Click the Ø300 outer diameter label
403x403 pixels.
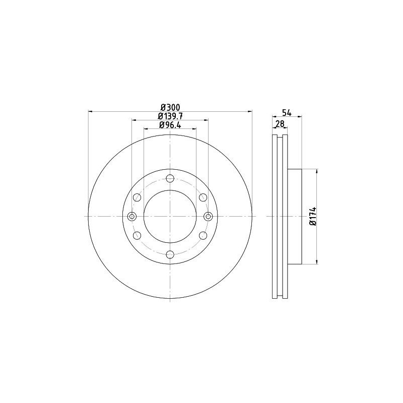[170, 107]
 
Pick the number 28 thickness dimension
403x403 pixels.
[281, 124]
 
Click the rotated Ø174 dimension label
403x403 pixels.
[312, 216]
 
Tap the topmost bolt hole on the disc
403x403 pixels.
[170, 178]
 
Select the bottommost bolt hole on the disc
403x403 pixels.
[170, 254]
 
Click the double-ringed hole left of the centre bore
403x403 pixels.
[132, 216]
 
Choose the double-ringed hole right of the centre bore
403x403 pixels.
[209, 216]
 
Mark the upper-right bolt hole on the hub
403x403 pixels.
[203, 197]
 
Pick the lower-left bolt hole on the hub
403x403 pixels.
[137, 235]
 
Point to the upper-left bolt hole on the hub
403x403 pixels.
[137, 197]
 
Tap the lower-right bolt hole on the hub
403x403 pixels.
[203, 235]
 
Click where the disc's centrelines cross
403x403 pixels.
[170, 216]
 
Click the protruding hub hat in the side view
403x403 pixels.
[295, 216]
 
